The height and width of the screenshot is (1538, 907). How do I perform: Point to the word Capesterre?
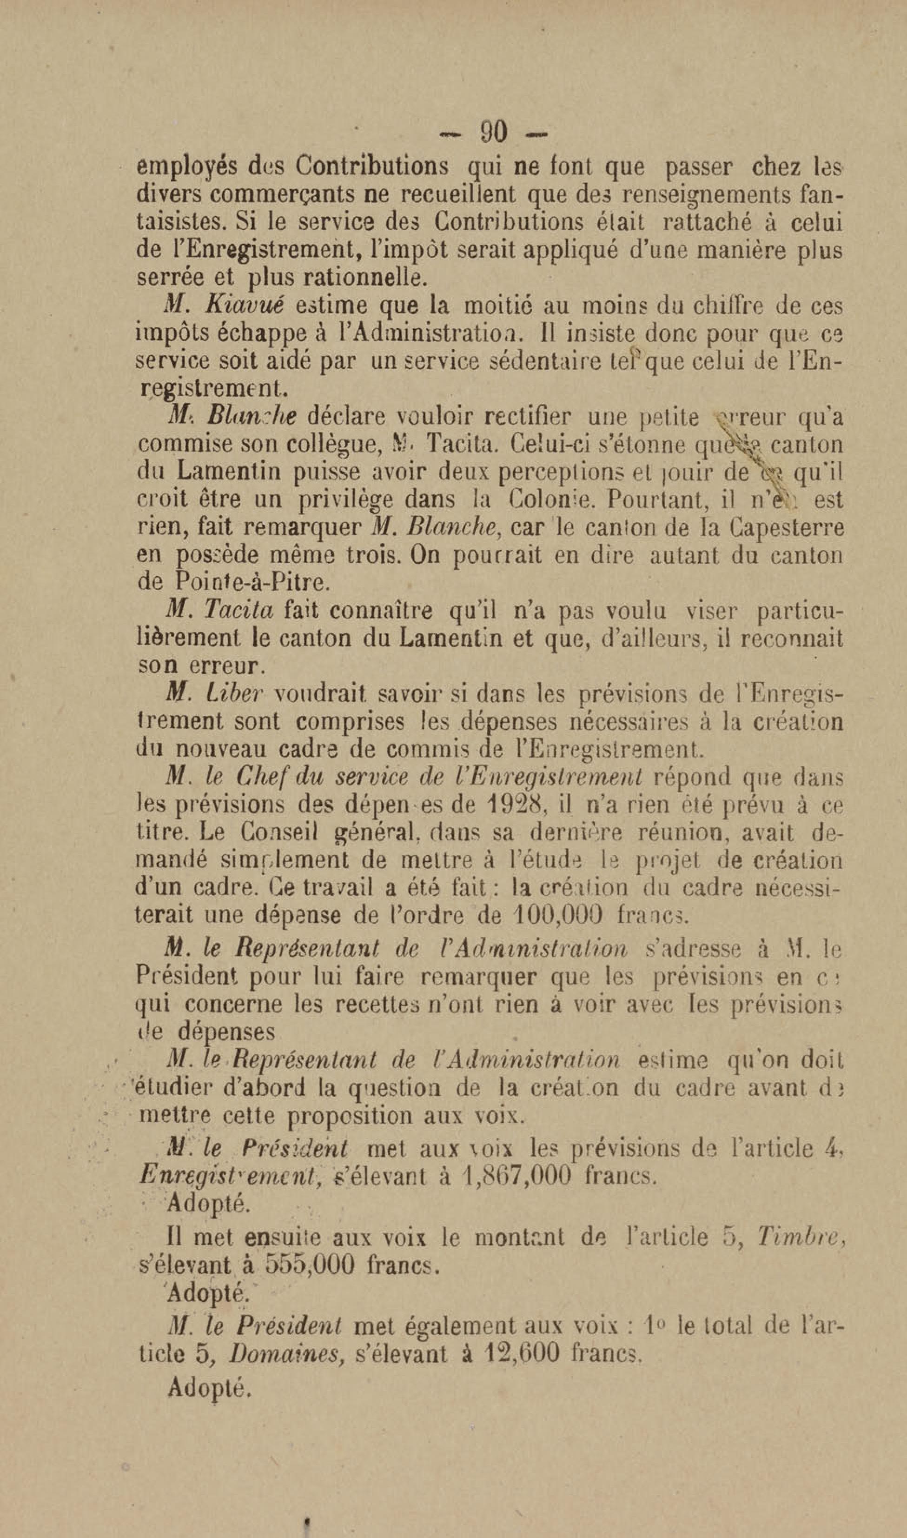tap(788, 527)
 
